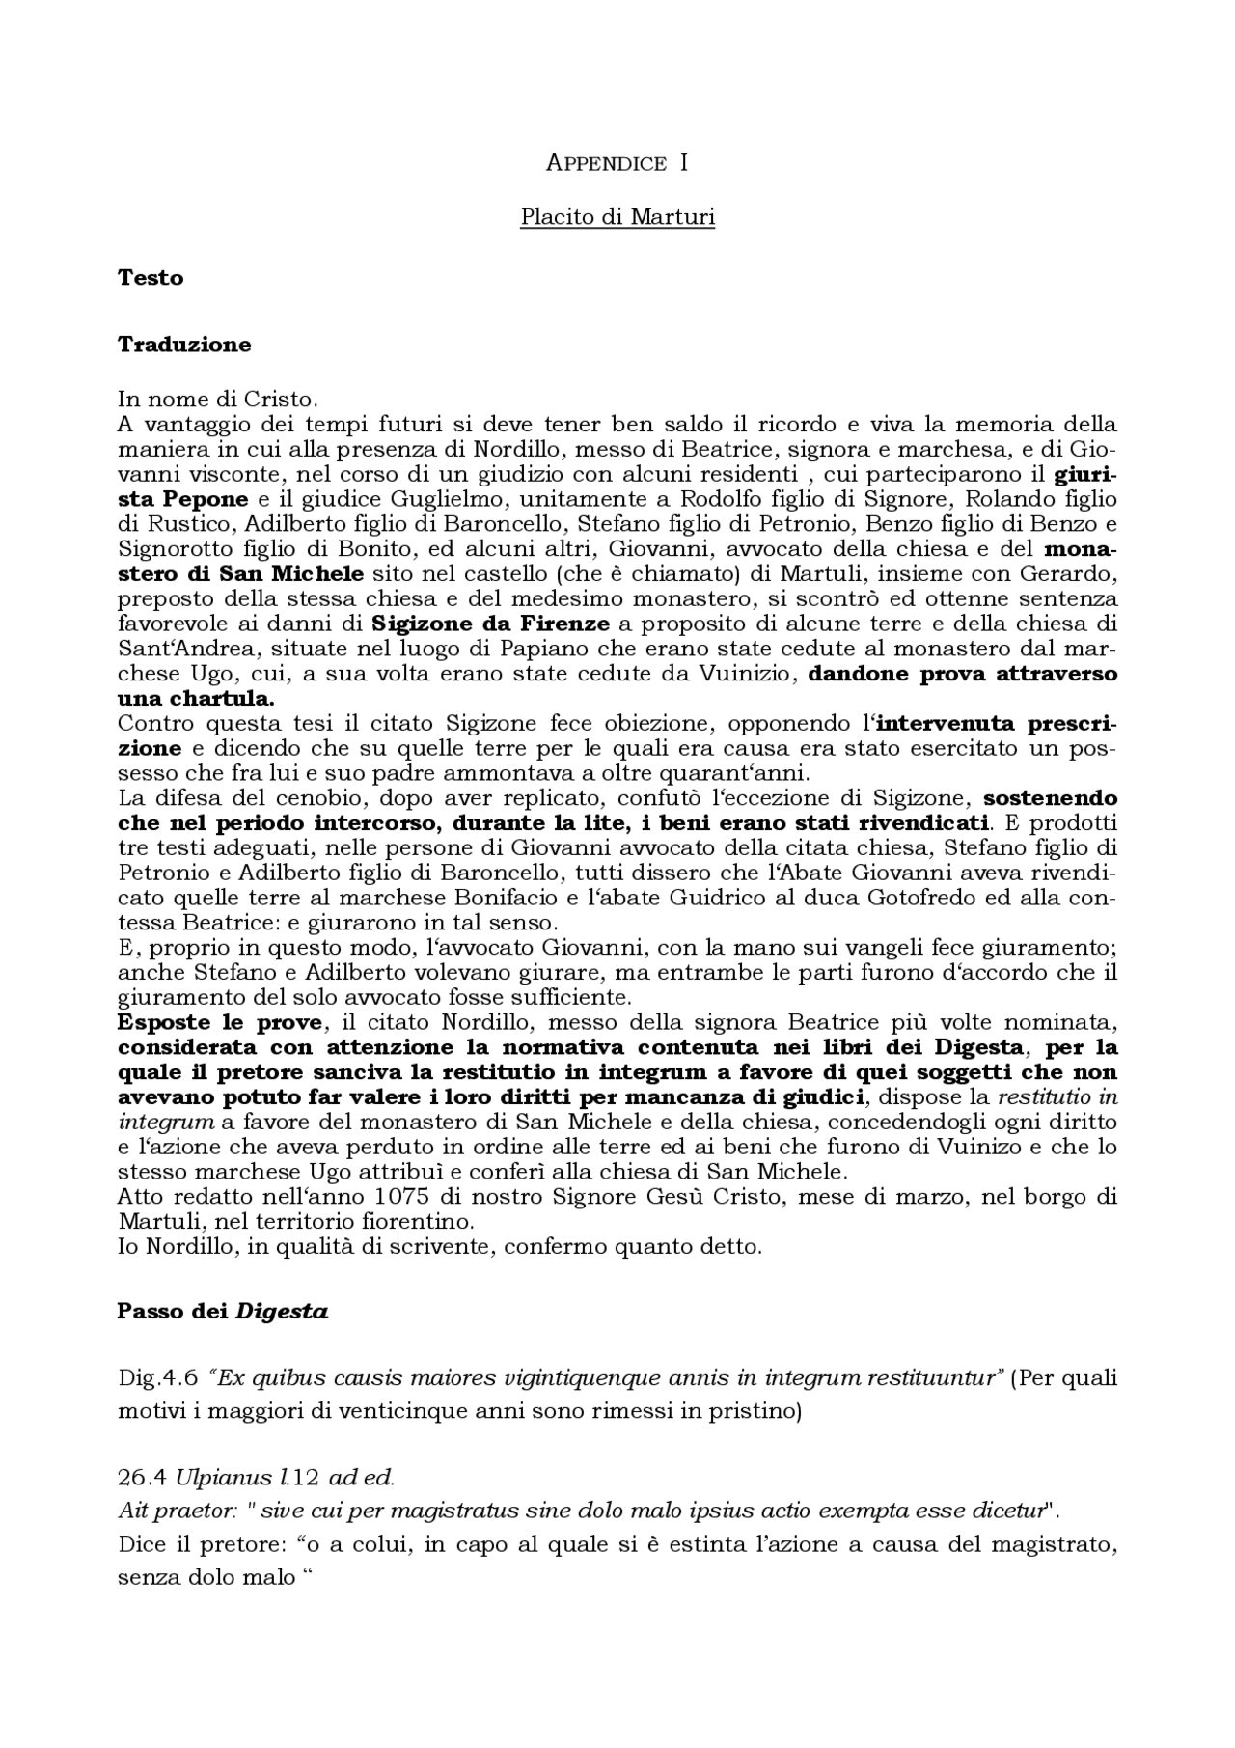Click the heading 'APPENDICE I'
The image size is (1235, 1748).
tap(617, 163)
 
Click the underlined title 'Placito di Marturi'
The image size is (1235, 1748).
tap(617, 217)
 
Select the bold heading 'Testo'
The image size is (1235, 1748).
tap(151, 278)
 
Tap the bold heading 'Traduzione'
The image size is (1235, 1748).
tap(184, 345)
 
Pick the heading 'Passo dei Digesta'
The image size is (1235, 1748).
tap(223, 1312)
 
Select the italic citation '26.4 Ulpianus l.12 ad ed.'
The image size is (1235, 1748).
tap(257, 1478)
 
